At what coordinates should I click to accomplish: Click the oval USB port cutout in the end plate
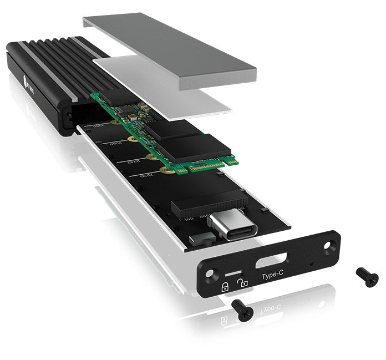[271, 259]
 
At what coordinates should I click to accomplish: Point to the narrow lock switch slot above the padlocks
[234, 273]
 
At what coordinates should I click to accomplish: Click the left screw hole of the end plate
[211, 276]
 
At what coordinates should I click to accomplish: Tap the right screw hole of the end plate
[331, 245]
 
